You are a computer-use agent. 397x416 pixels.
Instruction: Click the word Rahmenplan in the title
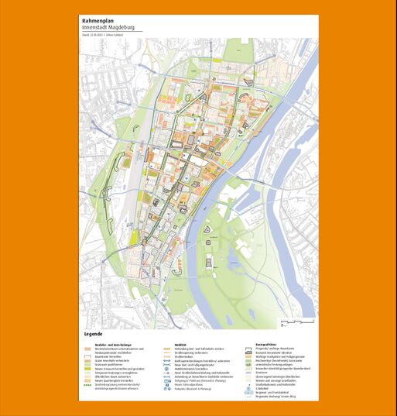(98, 20)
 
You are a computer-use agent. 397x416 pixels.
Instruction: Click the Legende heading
(91, 334)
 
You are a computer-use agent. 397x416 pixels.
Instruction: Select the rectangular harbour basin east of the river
(247, 203)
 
